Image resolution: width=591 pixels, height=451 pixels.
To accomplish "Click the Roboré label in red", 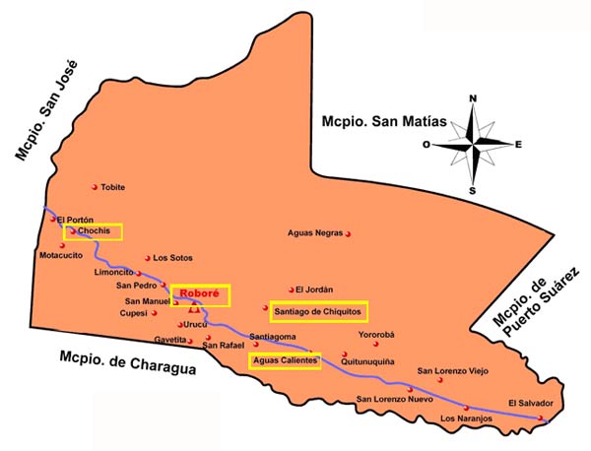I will (x=199, y=293).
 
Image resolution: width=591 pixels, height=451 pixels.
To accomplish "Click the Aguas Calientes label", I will (x=285, y=361).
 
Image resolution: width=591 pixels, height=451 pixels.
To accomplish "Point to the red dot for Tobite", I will (x=95, y=186).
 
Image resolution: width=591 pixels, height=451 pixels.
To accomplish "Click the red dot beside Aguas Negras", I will (x=349, y=233).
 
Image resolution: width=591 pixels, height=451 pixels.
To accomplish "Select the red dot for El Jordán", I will (x=291, y=290).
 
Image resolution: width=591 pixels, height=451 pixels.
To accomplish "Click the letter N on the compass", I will (x=473, y=97).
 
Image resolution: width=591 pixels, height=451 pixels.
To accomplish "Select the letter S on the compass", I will (x=473, y=190).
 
